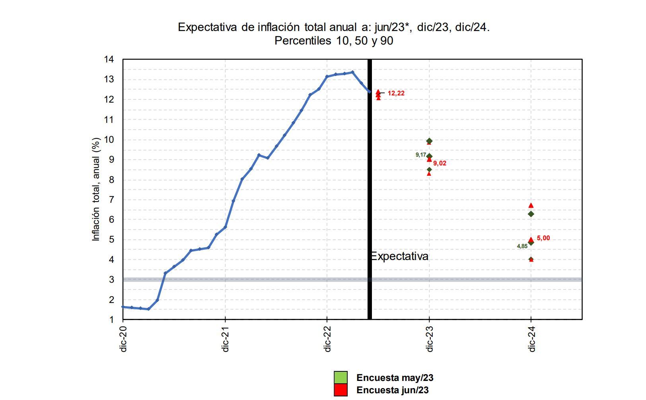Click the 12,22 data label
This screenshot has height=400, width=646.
pyautogui.click(x=396, y=93)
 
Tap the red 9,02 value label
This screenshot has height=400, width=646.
pyautogui.click(x=440, y=163)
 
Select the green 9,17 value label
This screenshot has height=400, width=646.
pyautogui.click(x=421, y=155)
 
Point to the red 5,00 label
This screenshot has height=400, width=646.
pyautogui.click(x=543, y=238)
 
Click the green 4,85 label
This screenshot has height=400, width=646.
pyautogui.click(x=522, y=246)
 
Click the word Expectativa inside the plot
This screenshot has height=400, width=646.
pyautogui.click(x=399, y=256)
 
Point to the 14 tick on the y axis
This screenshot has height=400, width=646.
pyautogui.click(x=109, y=60)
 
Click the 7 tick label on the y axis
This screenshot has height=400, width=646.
pyautogui.click(x=111, y=200)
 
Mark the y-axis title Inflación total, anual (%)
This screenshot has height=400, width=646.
pyautogui.click(x=96, y=189)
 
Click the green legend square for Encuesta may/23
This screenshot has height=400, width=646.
pyautogui.click(x=341, y=377)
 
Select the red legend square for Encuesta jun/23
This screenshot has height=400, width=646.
pyautogui.click(x=341, y=390)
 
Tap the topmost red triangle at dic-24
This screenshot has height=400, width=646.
pyautogui.click(x=531, y=206)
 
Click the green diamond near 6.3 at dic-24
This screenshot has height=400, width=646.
pyautogui.click(x=531, y=214)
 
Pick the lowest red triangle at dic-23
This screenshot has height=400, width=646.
pyautogui.click(x=429, y=173)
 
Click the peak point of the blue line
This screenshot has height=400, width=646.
pyautogui.click(x=352, y=72)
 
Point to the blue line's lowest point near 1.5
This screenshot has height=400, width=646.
pyautogui.click(x=148, y=309)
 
